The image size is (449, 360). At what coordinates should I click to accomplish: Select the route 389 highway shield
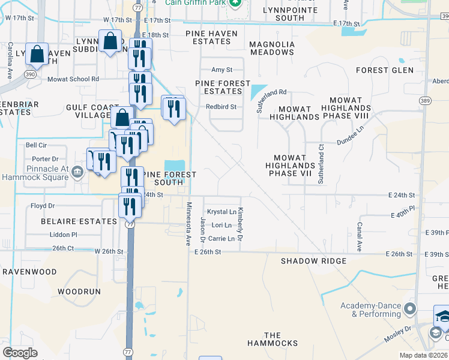point(425,100)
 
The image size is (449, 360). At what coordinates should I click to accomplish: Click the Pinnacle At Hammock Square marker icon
point(77,173)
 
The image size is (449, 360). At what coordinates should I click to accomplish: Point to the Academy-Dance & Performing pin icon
point(410,310)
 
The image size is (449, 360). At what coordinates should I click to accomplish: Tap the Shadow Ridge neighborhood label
point(314,261)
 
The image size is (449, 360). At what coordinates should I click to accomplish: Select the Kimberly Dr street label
point(240,225)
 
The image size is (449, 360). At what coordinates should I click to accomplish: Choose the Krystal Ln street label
point(221,212)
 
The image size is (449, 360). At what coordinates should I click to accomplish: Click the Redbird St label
point(221,107)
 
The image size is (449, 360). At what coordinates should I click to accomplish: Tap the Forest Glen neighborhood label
point(385,70)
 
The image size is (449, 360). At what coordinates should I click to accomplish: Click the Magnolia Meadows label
point(272,49)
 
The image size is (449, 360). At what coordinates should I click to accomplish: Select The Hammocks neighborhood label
point(273,340)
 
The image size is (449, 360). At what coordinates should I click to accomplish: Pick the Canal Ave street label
point(359,236)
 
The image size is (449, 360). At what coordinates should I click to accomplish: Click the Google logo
point(20,352)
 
